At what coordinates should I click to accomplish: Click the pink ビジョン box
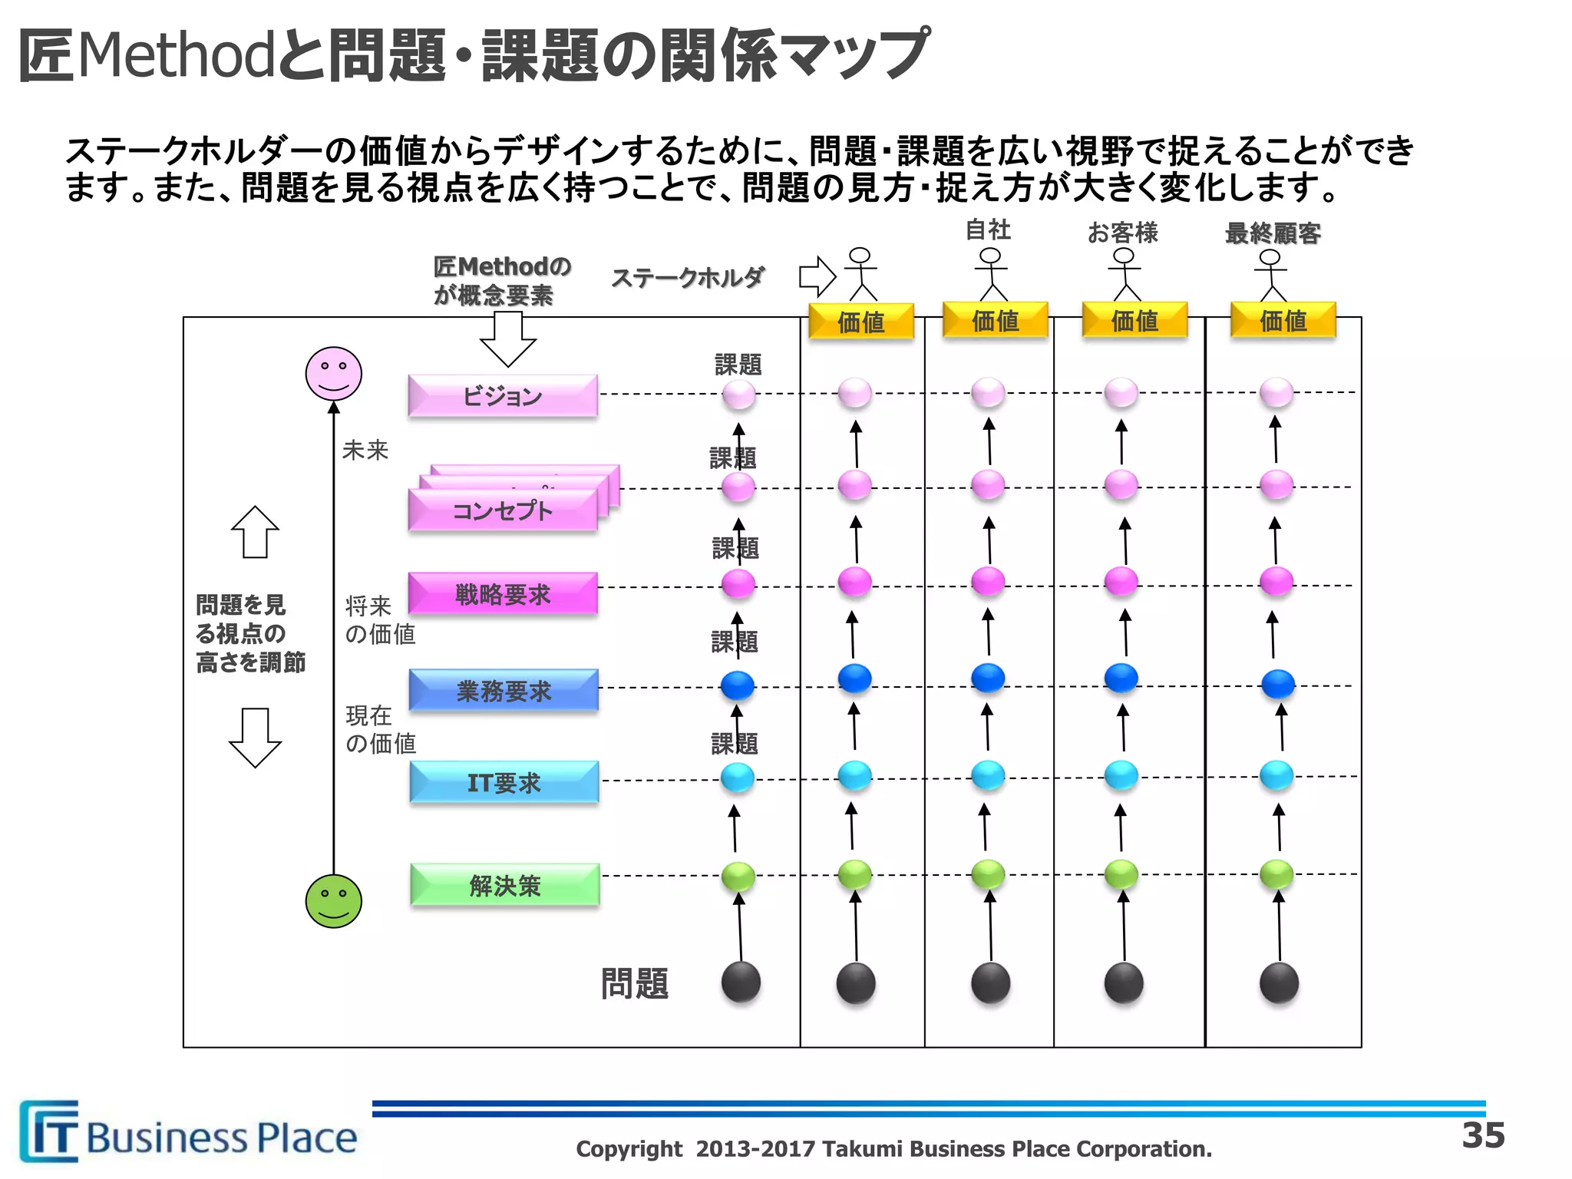point(503,396)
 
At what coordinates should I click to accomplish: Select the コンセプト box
point(503,510)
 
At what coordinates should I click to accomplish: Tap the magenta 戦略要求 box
point(503,594)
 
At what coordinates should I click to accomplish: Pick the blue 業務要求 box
point(504,691)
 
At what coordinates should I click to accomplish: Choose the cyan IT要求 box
point(504,782)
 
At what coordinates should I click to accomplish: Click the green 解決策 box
point(505,885)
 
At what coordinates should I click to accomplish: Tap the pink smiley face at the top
point(334,374)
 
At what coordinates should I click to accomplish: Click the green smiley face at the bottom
point(334,901)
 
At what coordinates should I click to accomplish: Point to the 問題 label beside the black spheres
point(635,983)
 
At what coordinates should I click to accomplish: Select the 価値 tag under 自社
point(996,321)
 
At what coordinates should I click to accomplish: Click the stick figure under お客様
point(1125,274)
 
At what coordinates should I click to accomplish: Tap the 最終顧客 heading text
point(1273,233)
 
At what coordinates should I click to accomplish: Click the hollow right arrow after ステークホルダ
point(817,276)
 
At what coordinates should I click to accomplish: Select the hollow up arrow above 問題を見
point(255,532)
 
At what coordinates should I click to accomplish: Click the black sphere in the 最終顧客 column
point(1279,983)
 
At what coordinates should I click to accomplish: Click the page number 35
point(1484,1135)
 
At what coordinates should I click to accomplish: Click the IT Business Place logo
point(188,1132)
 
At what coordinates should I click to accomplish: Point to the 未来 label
point(365,450)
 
